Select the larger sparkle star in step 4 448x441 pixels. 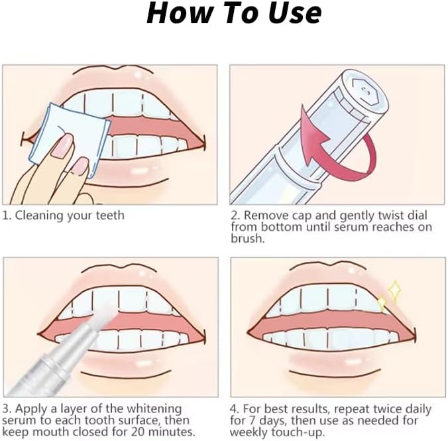pos(394,290)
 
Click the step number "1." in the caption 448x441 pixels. pos(7,215)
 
